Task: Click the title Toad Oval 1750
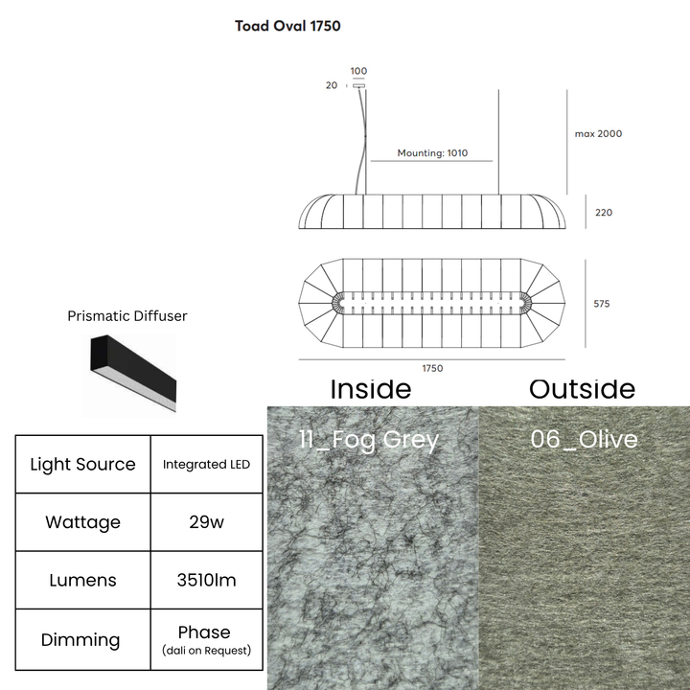coord(287,26)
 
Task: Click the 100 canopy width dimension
coord(358,71)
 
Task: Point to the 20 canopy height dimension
coord(332,85)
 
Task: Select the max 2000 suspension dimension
coord(598,134)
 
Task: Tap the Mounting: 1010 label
coord(432,153)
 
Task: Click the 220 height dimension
coord(604,213)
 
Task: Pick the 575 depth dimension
coord(602,304)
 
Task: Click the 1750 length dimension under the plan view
coord(432,368)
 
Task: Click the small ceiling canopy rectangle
coord(358,86)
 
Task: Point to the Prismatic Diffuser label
coord(127,316)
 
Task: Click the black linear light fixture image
coord(133,373)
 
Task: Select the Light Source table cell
coord(82,464)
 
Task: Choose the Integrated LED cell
coord(206,464)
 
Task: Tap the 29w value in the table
coord(206,522)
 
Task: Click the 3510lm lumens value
coord(206,580)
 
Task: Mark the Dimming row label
coord(80,640)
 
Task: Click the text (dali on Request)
coord(206,651)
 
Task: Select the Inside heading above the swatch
coord(371,389)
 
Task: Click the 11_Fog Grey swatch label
coord(369,440)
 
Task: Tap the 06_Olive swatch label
coord(584,439)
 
